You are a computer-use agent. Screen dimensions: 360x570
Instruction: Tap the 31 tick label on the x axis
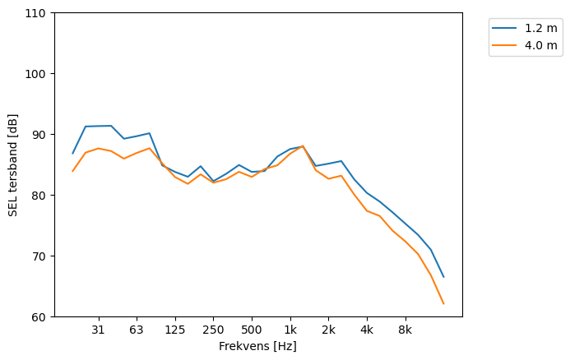coord(99,330)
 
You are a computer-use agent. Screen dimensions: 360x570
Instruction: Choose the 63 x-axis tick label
coord(137,330)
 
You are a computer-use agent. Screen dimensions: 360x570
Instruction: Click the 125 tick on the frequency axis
coord(174,330)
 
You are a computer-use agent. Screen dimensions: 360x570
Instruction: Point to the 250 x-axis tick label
coord(213,330)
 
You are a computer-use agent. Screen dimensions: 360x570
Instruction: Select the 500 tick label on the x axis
coord(252,330)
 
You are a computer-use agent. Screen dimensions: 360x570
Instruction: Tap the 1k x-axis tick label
coord(290,330)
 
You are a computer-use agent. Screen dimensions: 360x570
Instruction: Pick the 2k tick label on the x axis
coord(328,330)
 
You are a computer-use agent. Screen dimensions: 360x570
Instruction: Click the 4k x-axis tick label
coord(367,330)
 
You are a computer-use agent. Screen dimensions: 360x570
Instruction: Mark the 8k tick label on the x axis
coord(405,330)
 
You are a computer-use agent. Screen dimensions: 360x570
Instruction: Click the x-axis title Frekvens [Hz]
coord(257,347)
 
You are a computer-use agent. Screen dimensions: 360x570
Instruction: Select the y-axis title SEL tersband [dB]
coord(12,164)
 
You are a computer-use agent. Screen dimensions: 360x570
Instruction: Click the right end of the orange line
coord(443,304)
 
